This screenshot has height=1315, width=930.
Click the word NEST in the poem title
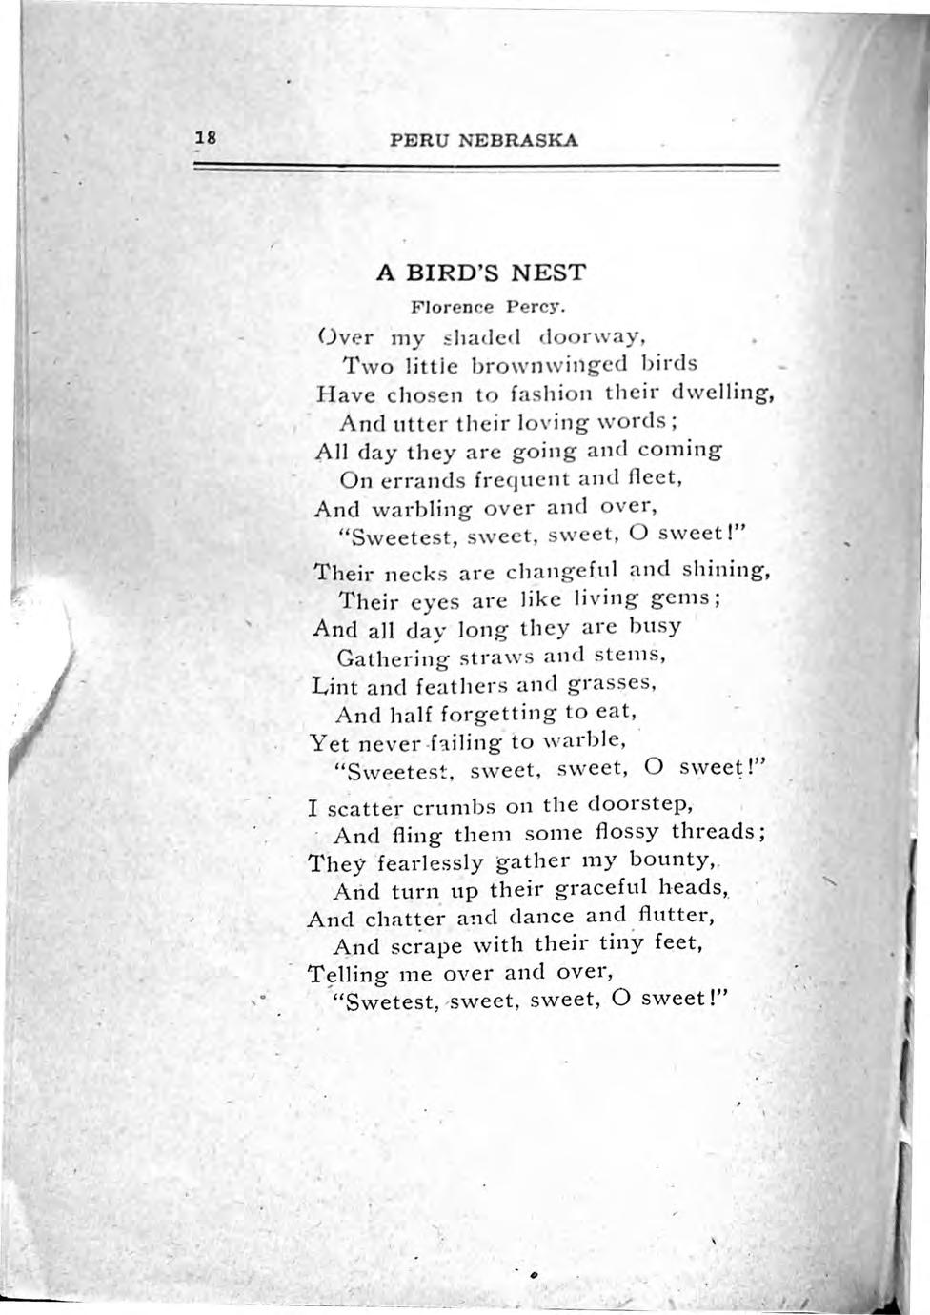[548, 273]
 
